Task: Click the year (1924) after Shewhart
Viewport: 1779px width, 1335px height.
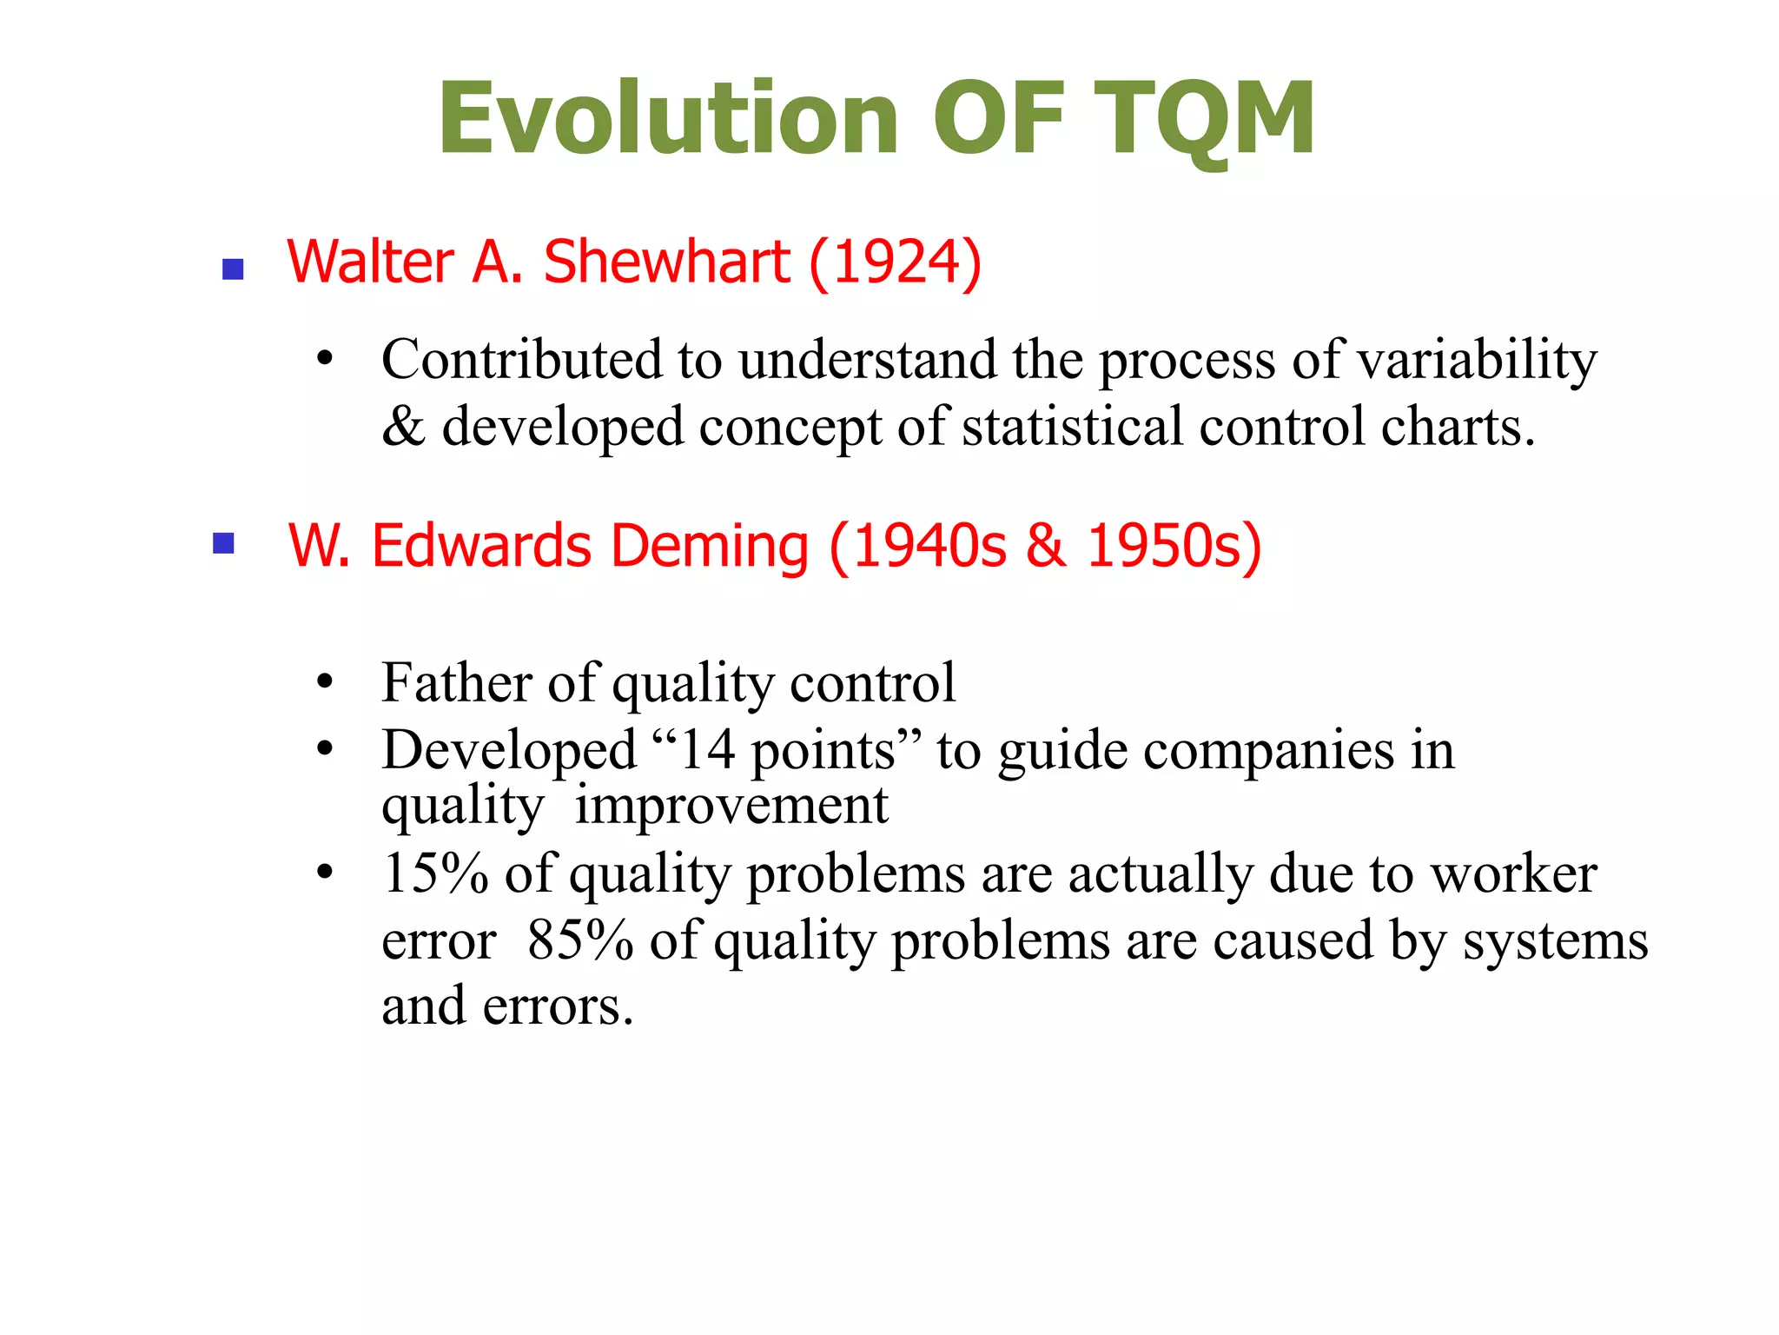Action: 895,262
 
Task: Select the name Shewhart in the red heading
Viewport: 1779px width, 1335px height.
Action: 667,262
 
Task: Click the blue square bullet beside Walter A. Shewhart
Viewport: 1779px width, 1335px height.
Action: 233,269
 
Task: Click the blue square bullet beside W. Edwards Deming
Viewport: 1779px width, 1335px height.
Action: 224,544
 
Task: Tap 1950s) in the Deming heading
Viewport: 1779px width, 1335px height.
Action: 1174,546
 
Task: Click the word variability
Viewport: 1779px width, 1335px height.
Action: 1477,360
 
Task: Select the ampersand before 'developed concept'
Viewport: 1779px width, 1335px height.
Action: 403,427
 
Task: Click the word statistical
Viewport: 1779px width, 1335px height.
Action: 1073,427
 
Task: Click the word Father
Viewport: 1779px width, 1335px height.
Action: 457,682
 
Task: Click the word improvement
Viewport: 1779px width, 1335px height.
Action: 731,806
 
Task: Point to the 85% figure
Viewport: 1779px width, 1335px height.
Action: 580,940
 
